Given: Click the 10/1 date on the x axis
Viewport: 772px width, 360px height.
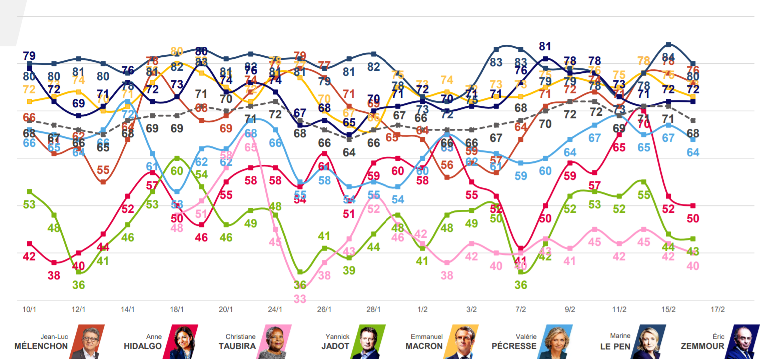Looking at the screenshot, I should (29, 310).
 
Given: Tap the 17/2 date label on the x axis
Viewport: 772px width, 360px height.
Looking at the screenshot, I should (717, 310).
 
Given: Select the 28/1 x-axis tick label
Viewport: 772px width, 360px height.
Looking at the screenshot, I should (373, 310).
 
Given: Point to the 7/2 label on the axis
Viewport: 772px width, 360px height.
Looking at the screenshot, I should (520, 310).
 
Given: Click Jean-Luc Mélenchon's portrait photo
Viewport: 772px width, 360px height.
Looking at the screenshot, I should (87, 341).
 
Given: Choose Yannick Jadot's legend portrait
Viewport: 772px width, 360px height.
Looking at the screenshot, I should (368, 341).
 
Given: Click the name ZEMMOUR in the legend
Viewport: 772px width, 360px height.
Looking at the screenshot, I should (701, 346).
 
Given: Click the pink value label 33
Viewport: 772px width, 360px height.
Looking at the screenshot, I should (300, 299).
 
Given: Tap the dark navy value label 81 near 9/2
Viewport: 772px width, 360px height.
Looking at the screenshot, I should (545, 47).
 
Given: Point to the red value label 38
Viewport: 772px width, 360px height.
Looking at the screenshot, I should (54, 275).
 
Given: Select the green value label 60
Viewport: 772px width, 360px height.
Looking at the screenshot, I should (177, 171).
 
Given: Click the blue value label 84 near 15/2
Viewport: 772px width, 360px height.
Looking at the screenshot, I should (668, 57).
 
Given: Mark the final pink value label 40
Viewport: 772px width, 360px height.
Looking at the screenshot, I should (692, 266).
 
